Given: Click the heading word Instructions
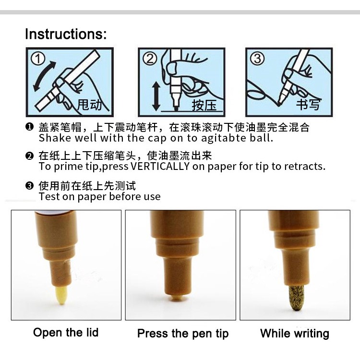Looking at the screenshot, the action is tap(66, 34).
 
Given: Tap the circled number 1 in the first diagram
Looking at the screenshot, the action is tap(38, 59).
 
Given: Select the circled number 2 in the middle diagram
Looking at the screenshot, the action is tap(150, 59).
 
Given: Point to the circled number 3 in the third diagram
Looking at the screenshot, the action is tap(257, 59).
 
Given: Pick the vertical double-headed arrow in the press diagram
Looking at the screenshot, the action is tap(156, 96).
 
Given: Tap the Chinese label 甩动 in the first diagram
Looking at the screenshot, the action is tap(90, 105).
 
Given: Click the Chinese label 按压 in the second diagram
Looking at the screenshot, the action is tap(204, 105).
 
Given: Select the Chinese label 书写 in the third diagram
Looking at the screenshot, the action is tap(308, 104).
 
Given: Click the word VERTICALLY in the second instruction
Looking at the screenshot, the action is tap(160, 166).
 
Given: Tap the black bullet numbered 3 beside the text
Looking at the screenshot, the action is tap(29, 185).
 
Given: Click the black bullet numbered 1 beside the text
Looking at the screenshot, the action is tap(29, 127).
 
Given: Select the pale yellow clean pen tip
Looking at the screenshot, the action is tap(61, 295).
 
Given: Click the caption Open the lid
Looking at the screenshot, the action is tap(66, 333).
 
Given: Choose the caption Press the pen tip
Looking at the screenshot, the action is tap(183, 334).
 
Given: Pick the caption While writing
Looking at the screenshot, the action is tap(295, 334).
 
